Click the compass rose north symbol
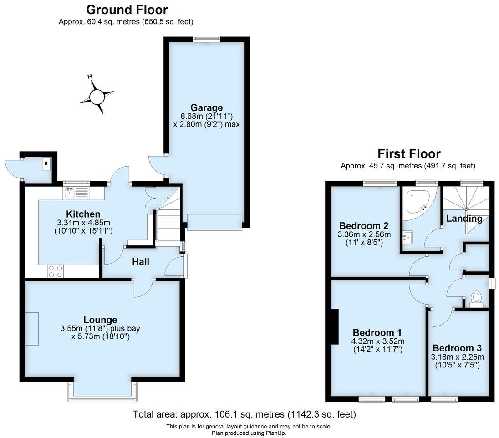[97, 97]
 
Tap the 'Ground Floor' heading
[127, 10]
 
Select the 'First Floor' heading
[409, 153]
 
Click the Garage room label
[206, 108]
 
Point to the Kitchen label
[83, 214]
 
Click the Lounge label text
[100, 320]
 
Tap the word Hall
[141, 262]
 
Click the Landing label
[464, 219]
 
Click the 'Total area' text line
[244, 415]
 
